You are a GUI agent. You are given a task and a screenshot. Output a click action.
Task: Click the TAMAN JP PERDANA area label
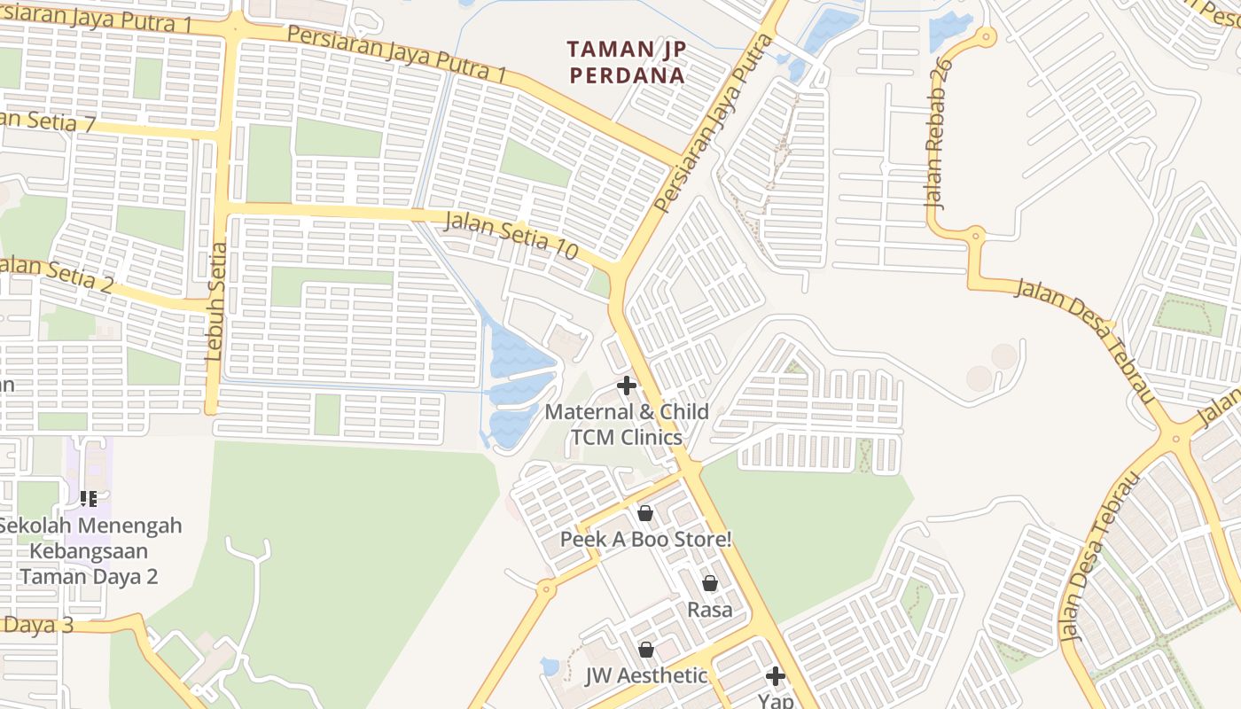pos(627,62)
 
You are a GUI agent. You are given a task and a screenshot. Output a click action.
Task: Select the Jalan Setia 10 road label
pos(511,235)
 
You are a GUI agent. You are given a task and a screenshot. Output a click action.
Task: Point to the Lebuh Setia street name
pos(215,301)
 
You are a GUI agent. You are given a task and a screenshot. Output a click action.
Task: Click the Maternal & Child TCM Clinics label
pos(627,425)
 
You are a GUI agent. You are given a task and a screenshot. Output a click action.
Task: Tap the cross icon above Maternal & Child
pos(627,386)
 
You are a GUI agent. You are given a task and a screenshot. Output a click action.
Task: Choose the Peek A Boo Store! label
pos(645,539)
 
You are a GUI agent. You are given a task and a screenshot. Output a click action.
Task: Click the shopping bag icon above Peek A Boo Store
pos(645,513)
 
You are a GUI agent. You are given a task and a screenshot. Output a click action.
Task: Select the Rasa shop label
pos(710,610)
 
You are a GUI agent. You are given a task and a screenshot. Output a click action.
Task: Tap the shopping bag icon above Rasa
pos(710,583)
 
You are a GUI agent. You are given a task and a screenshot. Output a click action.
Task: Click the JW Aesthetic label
pos(646,675)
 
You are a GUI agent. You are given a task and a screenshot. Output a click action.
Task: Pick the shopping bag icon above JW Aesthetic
pos(646,650)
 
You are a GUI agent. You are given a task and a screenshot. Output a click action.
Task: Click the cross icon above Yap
pos(776,676)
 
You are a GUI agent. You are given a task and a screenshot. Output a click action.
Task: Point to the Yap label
pos(776,701)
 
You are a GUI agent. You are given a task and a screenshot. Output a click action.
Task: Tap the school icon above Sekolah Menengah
pos(88,499)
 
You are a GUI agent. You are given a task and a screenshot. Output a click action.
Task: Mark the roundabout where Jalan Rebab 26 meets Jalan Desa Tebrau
pos(976,235)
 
